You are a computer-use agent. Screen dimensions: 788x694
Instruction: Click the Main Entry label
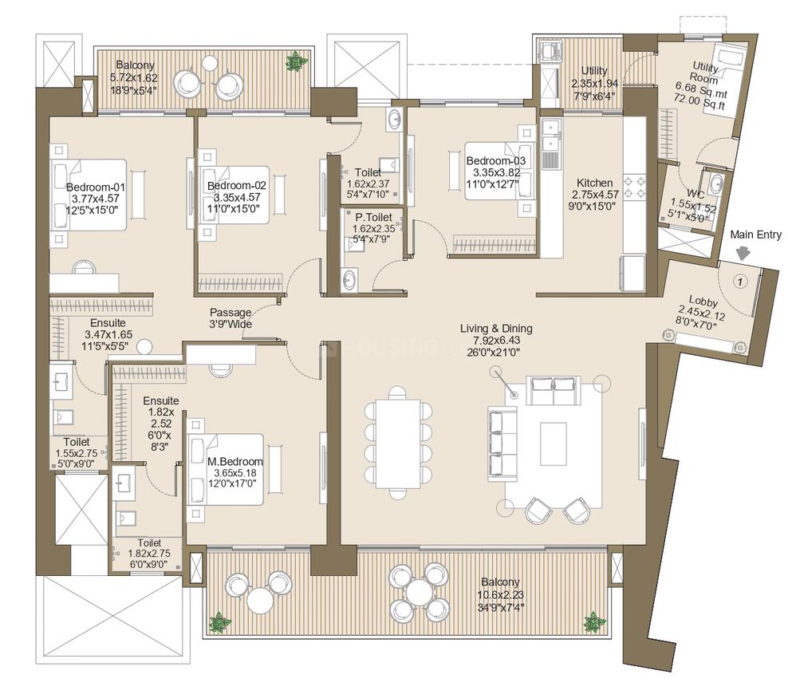(755, 235)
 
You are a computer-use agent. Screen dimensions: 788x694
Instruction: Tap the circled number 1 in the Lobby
(739, 282)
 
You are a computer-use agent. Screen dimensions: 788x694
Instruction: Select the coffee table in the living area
(554, 444)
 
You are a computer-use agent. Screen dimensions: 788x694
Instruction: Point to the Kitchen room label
(594, 183)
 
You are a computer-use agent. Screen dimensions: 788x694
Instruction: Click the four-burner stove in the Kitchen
(634, 187)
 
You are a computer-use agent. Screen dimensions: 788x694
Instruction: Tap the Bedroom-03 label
(496, 161)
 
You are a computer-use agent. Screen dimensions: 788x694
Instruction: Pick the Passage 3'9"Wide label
(230, 318)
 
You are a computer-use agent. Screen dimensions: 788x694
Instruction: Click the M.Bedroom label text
(235, 461)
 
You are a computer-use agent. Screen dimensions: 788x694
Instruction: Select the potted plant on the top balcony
(297, 61)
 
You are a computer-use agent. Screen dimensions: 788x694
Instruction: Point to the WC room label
(695, 194)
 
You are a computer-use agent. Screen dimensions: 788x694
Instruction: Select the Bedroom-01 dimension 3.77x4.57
(96, 199)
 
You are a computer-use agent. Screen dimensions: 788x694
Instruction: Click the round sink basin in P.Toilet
(349, 279)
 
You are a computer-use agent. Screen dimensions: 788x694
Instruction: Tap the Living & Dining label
(496, 329)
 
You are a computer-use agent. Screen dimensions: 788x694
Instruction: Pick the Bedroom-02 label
(237, 185)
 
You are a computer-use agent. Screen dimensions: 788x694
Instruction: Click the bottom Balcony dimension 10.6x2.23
(501, 595)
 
